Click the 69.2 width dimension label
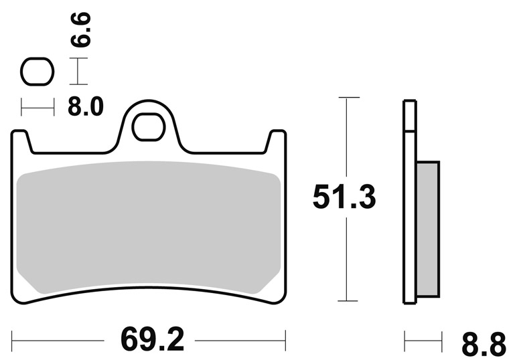tap(152, 340)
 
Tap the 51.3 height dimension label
tap(344, 197)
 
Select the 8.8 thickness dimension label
tap(483, 345)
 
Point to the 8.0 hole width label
tap(86, 106)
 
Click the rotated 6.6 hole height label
tap(81, 30)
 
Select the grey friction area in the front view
tap(149, 228)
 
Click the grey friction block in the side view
tap(428, 229)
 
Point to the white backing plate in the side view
tap(410, 201)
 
